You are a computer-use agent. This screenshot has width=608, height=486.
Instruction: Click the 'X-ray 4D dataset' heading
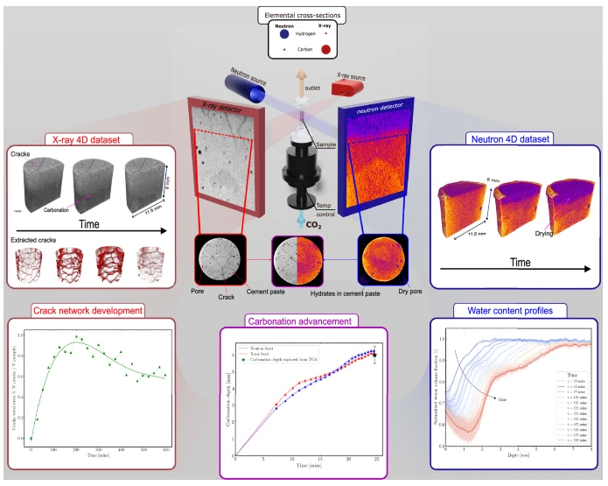(x=86, y=138)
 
